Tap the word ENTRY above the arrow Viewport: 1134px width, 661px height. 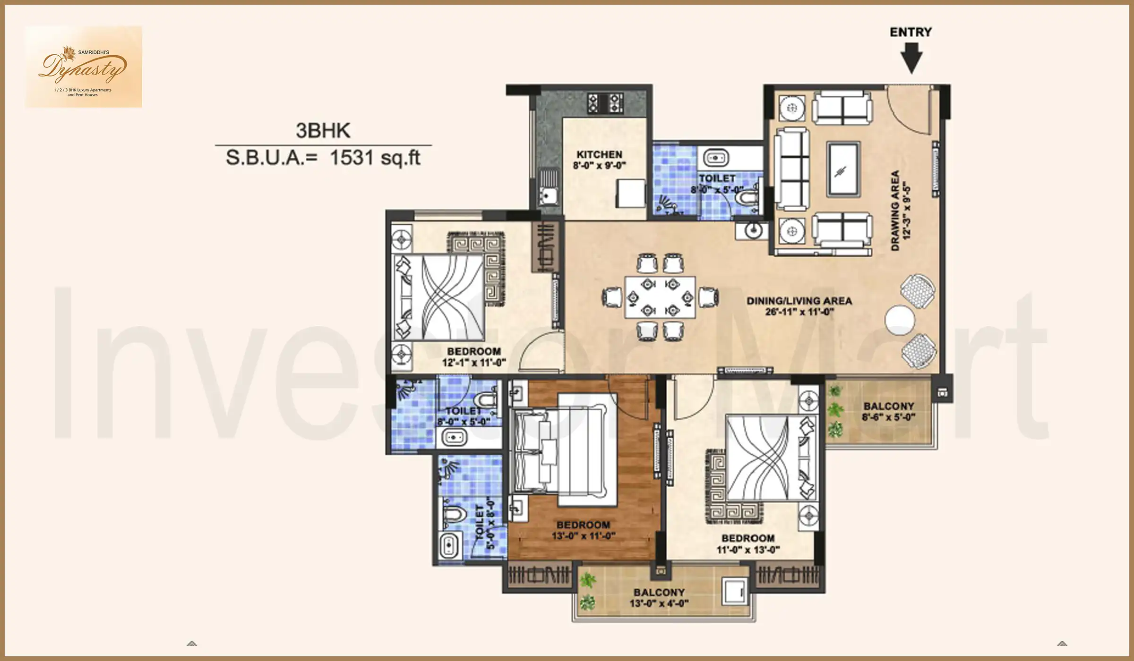tap(911, 32)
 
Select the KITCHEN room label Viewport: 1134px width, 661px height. tap(599, 155)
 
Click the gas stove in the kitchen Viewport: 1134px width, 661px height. tap(605, 103)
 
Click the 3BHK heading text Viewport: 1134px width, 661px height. tap(323, 131)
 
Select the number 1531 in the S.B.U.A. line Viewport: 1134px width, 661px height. tap(352, 158)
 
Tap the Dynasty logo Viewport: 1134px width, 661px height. tap(84, 67)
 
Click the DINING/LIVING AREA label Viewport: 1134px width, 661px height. tap(799, 301)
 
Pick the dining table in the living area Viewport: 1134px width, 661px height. tap(660, 297)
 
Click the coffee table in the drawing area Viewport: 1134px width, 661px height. tap(842, 169)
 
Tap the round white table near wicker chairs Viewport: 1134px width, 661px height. tap(899, 320)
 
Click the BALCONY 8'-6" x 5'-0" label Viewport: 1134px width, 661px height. tap(888, 411)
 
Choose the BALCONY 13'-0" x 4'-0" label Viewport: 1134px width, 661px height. tap(659, 597)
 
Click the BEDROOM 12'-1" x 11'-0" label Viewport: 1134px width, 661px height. tap(474, 357)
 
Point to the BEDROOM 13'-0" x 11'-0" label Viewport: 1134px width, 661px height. tap(583, 530)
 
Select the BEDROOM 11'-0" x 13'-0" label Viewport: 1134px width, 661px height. tap(747, 543)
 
